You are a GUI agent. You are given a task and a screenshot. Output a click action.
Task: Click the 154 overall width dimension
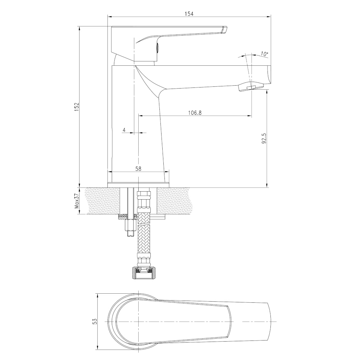pos(189,14)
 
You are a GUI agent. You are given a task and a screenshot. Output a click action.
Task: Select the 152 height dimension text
pos(77,107)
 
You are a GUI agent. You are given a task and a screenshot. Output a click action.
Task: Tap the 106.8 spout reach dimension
pos(195,113)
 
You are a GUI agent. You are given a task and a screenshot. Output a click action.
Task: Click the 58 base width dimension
pos(138,169)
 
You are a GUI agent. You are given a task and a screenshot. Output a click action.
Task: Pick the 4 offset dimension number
pos(124,130)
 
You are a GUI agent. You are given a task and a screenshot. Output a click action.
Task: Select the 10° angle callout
pos(264,54)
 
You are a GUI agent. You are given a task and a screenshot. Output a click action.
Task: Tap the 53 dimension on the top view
pos(94,321)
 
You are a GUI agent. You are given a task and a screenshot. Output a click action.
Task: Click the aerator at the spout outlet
pos(251,87)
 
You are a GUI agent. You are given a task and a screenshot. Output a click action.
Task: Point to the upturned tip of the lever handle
pos(225,30)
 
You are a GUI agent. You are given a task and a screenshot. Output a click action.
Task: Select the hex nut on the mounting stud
pos(130,225)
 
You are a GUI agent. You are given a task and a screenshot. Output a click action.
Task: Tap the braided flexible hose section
pos(144,238)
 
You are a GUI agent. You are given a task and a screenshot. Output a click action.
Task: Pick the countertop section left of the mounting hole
pos(103,201)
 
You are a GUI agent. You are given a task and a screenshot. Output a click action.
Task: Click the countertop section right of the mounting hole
pos(175,201)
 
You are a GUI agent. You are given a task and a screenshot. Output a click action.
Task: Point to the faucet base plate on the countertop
pos(138,185)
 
